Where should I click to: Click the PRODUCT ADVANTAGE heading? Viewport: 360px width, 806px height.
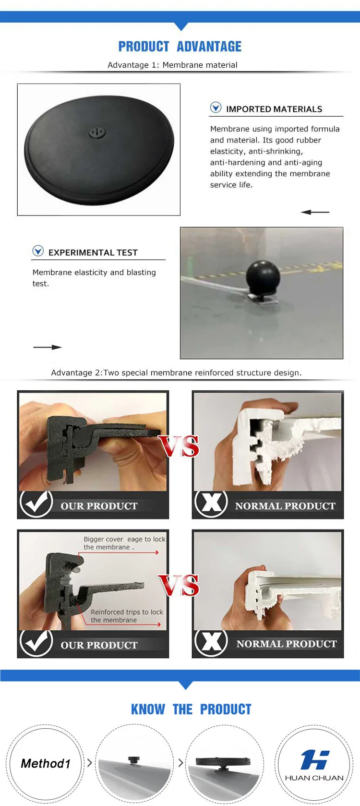[180, 47]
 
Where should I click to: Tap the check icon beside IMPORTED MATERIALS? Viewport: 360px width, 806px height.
[216, 107]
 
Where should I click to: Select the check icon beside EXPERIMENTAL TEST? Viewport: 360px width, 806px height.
[38, 251]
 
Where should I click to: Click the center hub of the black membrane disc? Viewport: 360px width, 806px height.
[97, 132]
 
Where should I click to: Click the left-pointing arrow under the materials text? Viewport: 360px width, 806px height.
[315, 212]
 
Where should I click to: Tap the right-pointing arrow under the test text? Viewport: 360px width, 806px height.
[48, 347]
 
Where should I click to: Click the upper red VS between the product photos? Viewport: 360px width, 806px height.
[179, 446]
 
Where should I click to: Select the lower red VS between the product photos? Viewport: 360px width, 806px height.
[179, 586]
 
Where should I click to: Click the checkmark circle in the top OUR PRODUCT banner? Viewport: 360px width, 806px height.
[36, 503]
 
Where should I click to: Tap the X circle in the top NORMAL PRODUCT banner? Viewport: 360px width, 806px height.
[211, 503]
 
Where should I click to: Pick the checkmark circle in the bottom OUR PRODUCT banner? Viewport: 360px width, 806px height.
[36, 642]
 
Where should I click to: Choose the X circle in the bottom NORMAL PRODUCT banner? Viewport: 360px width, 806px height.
[211, 642]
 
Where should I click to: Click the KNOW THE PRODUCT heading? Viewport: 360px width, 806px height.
[191, 709]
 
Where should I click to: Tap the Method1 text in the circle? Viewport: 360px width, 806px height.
[46, 764]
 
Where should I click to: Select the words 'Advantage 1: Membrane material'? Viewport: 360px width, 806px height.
[173, 65]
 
